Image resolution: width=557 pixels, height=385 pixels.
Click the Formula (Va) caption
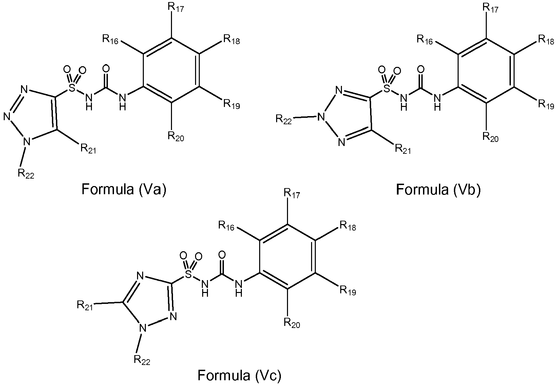point(124,189)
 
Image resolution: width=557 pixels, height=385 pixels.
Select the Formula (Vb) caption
point(438,189)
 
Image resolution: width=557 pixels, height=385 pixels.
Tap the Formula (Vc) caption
point(239,375)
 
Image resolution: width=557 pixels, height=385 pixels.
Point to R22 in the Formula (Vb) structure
point(284,119)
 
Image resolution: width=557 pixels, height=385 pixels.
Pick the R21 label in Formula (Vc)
point(85,305)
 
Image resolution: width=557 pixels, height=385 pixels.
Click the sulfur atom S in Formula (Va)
point(72,88)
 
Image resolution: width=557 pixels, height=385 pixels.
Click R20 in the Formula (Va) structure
point(176,136)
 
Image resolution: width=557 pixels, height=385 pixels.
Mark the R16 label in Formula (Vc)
point(227,225)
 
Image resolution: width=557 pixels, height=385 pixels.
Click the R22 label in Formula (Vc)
point(142,360)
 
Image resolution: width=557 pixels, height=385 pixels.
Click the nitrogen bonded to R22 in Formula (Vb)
point(320,118)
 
